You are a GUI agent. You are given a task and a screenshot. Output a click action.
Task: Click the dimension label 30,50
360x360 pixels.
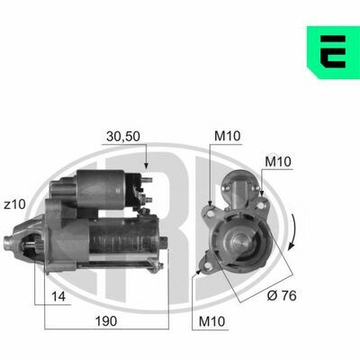click(x=123, y=137)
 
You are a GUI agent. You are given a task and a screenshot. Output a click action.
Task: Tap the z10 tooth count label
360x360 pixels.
click(x=15, y=205)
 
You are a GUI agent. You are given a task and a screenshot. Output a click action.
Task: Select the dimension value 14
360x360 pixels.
click(x=58, y=297)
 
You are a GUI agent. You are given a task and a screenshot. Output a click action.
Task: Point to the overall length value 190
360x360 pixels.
click(x=106, y=321)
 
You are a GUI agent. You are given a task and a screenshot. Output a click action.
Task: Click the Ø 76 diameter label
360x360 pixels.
click(x=282, y=296)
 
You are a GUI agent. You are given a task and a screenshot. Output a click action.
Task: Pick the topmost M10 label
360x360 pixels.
click(x=228, y=136)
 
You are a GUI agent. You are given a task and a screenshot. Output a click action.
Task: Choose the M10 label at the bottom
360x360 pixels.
click(x=211, y=321)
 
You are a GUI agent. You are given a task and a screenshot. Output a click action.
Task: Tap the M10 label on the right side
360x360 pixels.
click(x=278, y=162)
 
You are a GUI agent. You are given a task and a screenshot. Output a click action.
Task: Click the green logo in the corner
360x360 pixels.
click(x=333, y=52)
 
